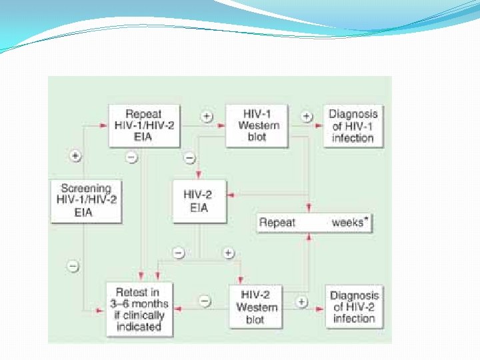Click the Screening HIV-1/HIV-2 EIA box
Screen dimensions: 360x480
tap(86, 199)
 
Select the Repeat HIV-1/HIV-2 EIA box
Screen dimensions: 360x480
tap(143, 125)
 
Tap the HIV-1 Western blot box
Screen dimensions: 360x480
tap(257, 125)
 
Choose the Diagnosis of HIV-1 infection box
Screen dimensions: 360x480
tap(353, 125)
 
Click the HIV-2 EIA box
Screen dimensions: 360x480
tap(199, 200)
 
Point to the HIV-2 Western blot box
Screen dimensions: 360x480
tap(257, 307)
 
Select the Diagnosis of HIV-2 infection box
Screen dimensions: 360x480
tap(354, 307)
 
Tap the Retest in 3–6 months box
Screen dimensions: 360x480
tap(139, 309)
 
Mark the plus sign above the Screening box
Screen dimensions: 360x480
tap(75, 156)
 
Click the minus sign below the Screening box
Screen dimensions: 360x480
tap(74, 266)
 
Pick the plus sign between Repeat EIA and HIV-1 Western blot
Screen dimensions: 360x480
tap(207, 116)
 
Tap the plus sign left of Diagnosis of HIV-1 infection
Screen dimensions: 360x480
tap(307, 116)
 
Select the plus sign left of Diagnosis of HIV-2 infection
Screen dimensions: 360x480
tap(302, 302)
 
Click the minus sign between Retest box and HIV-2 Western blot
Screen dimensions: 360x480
tap(205, 302)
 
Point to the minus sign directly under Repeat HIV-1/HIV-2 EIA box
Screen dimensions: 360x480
tap(132, 158)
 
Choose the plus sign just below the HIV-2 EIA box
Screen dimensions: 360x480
tap(228, 253)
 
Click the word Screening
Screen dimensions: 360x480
tap(86, 187)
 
